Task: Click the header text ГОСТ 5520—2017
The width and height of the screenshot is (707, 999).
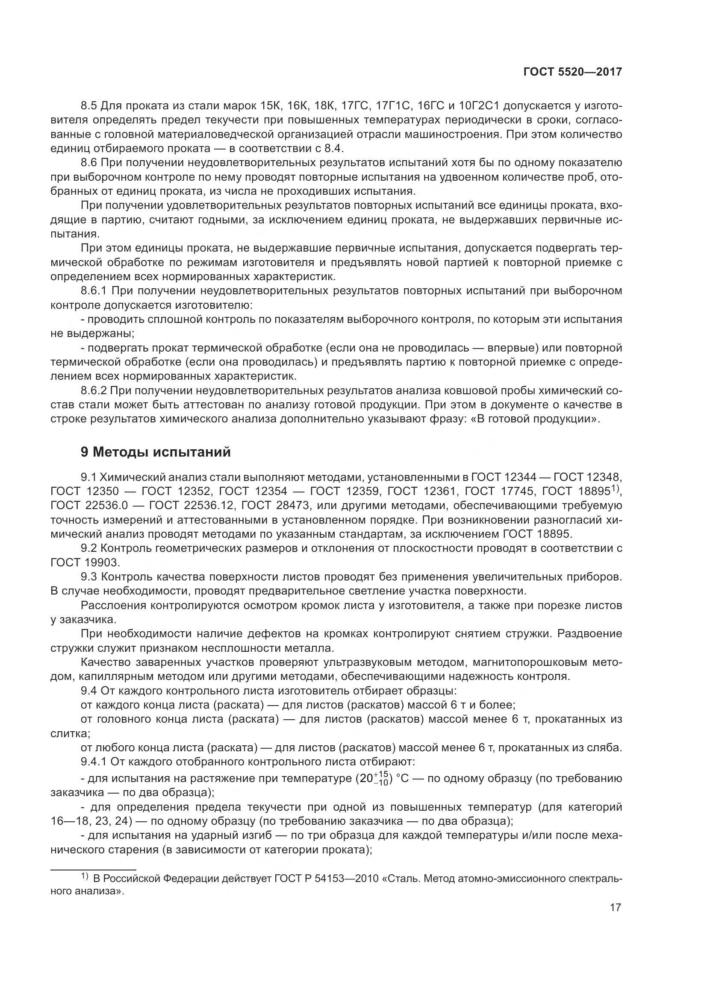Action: point(572,72)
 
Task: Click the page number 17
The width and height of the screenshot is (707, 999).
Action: point(615,908)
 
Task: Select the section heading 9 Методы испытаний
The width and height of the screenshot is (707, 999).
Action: point(156,452)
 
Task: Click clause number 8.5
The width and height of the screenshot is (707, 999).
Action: point(89,106)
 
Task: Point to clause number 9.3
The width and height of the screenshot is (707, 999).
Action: point(89,577)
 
